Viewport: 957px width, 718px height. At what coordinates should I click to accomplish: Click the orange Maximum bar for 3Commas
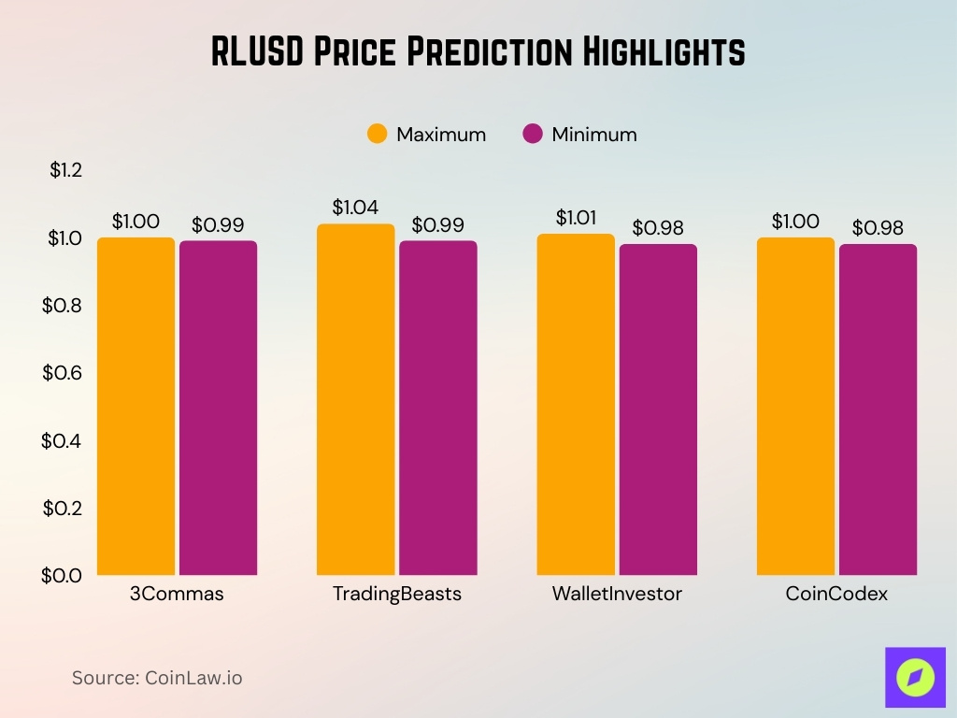(x=136, y=406)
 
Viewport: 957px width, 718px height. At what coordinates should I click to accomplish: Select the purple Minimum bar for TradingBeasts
(x=437, y=408)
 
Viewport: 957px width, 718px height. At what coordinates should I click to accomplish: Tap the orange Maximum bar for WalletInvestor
(x=576, y=404)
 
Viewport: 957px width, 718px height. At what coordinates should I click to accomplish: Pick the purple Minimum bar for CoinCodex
(x=878, y=409)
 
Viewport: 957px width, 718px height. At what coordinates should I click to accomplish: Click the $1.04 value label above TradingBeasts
(x=355, y=208)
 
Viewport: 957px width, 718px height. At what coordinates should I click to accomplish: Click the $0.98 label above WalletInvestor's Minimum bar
(x=658, y=228)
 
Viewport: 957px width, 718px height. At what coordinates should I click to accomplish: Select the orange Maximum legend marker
(x=378, y=134)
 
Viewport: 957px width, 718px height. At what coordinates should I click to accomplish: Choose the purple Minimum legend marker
(x=533, y=134)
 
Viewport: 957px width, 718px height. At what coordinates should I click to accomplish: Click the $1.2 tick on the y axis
(x=66, y=170)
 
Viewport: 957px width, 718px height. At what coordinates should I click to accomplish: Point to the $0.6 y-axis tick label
(x=63, y=372)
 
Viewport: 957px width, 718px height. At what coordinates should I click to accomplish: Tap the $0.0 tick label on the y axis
(x=63, y=575)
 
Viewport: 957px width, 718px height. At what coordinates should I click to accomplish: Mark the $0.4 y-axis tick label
(x=63, y=440)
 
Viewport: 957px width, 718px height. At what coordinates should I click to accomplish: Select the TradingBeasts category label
(x=397, y=594)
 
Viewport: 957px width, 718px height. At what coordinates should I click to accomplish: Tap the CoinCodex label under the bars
(x=836, y=594)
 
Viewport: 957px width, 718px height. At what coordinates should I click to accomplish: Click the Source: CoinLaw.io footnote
(x=157, y=678)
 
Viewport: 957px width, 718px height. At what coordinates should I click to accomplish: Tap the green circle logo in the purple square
(x=915, y=676)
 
